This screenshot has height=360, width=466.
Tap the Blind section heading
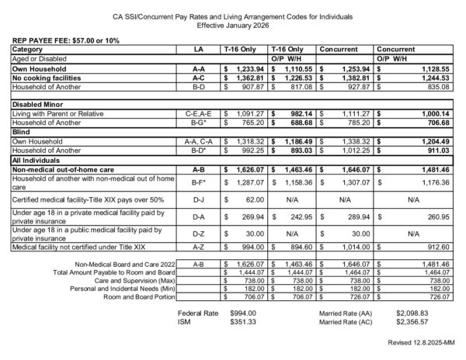tap(21, 133)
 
